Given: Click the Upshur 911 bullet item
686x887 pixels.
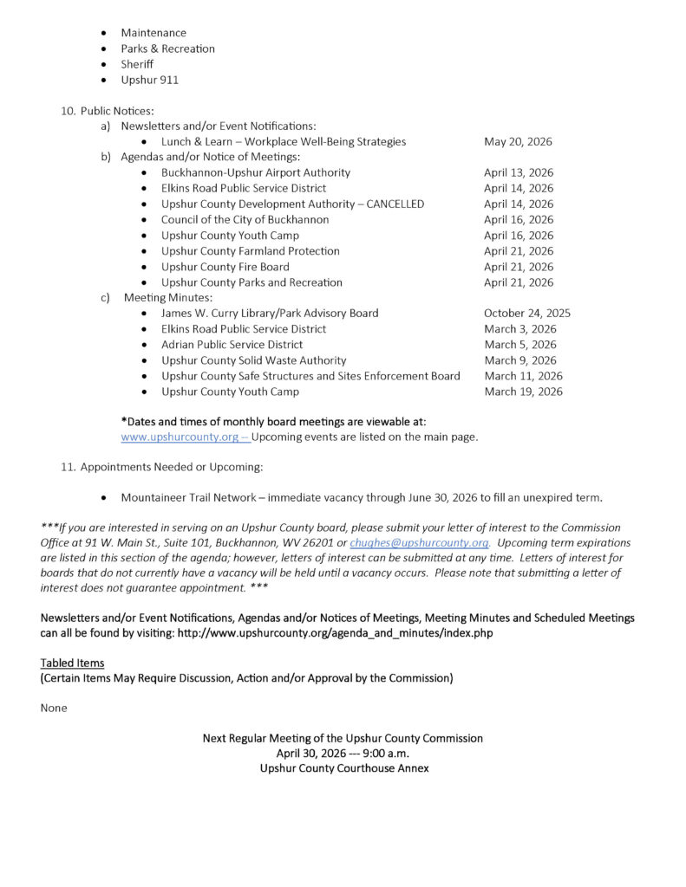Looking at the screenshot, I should [x=149, y=80].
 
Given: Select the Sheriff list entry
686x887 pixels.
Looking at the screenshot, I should [x=137, y=64].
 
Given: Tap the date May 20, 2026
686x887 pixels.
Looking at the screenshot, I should [x=518, y=141].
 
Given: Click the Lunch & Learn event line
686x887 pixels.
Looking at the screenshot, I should [x=283, y=141].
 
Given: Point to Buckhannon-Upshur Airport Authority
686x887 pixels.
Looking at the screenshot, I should [x=256, y=172].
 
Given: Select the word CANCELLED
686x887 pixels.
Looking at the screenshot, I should [x=395, y=204].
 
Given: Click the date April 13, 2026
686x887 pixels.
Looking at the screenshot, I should [x=519, y=172].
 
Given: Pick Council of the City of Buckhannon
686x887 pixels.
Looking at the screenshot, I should [x=245, y=219].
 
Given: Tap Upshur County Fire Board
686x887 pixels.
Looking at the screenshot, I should [x=225, y=267].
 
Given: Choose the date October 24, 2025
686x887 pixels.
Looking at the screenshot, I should [x=527, y=313].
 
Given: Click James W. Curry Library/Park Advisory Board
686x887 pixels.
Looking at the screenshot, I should [x=270, y=313].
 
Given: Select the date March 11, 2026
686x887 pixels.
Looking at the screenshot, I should [x=523, y=376].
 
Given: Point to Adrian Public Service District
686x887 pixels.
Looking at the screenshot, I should [x=232, y=345].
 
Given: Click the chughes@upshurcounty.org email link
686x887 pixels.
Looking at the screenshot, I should [x=419, y=543].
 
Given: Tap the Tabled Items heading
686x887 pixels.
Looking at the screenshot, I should [x=72, y=663].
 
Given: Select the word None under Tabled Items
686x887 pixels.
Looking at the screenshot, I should [x=54, y=708].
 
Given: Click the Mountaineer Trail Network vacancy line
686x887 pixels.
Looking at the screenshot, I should [x=361, y=497].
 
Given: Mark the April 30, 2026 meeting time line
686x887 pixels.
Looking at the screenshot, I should [x=343, y=754].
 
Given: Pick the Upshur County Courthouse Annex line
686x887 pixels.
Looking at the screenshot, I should [x=343, y=768].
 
